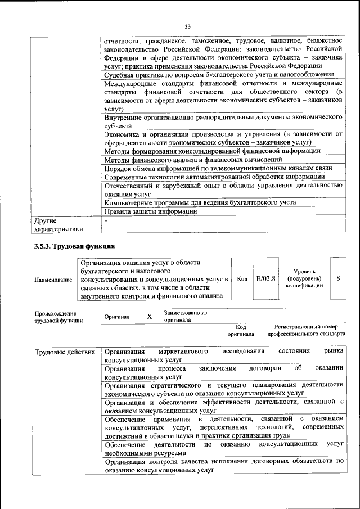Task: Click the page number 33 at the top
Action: [x=188, y=26]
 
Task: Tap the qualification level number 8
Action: [x=337, y=278]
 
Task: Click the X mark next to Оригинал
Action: [x=150, y=316]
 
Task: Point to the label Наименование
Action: [x=53, y=280]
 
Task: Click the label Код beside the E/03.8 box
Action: [x=242, y=278]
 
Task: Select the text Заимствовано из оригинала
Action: [x=186, y=316]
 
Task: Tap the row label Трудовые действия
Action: [x=65, y=352]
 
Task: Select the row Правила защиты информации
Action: [x=151, y=212]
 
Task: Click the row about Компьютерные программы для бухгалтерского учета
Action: [x=208, y=202]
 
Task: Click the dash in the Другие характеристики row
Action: [x=106, y=221]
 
